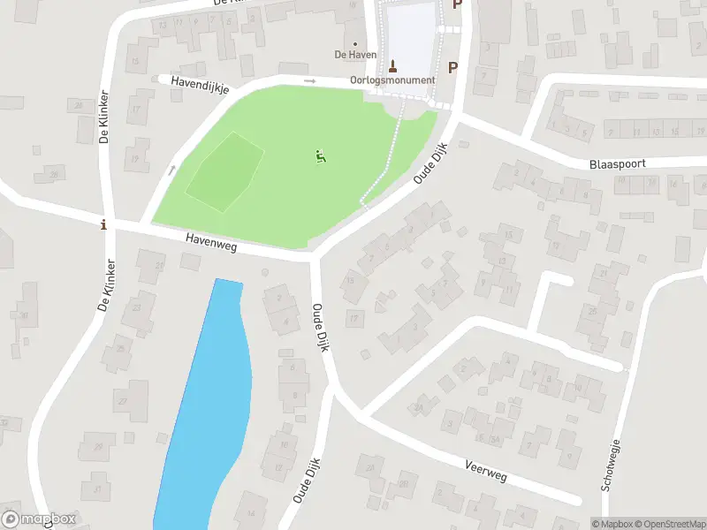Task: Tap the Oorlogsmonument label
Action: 393,80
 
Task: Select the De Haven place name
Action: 355,55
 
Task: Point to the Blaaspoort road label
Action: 618,164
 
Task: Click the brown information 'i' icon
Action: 105,224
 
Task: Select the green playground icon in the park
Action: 320,157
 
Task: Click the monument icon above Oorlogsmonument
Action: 393,64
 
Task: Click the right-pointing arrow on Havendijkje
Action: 309,81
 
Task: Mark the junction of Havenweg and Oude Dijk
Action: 315,258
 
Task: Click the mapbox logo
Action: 40,519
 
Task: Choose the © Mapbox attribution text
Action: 613,524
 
